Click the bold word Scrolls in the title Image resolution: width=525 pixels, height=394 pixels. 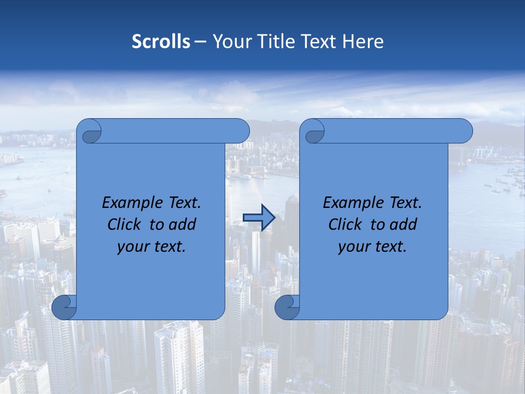[x=161, y=42]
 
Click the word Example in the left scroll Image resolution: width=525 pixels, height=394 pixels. [x=131, y=203]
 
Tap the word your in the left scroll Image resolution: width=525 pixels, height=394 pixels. [x=132, y=247]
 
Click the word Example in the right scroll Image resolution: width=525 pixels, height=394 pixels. [x=352, y=203]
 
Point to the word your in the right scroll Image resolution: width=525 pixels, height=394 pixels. [x=353, y=247]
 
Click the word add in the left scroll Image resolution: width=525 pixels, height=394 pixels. [x=183, y=224]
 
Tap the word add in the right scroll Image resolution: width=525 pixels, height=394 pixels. [x=404, y=224]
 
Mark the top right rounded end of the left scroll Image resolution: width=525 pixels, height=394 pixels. [x=241, y=131]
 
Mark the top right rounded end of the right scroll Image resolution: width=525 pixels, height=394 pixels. [x=464, y=131]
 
